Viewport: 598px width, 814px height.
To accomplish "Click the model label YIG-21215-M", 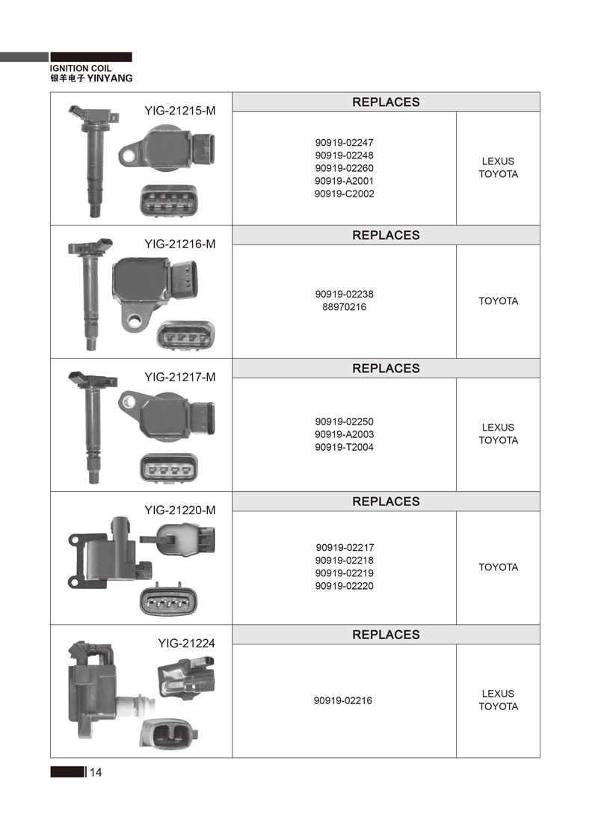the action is [x=179, y=111].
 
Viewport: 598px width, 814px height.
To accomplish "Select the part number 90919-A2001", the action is [x=344, y=181].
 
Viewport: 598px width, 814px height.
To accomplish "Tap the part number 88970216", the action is [x=344, y=306].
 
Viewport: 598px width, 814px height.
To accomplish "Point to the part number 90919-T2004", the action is [x=344, y=447].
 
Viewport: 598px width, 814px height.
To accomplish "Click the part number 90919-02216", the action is [x=342, y=700].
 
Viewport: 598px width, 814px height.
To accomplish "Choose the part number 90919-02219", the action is [x=344, y=573].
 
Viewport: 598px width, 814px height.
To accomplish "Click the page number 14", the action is [x=96, y=772].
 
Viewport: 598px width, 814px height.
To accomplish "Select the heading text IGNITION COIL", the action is [x=81, y=68].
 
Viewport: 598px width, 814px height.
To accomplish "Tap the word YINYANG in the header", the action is [x=110, y=78].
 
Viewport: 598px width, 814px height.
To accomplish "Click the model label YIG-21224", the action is [x=186, y=644].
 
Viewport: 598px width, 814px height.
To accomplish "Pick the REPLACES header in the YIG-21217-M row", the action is [x=386, y=368].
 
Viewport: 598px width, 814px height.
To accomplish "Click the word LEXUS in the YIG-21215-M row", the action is [x=498, y=161].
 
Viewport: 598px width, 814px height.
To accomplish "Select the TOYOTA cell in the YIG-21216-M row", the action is [x=499, y=301].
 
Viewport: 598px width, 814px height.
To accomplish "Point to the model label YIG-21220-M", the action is [x=179, y=510].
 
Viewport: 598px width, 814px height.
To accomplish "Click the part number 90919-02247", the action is [x=344, y=142].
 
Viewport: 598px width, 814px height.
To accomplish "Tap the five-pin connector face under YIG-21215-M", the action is [x=169, y=200].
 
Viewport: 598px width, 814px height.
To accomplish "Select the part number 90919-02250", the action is [x=344, y=422].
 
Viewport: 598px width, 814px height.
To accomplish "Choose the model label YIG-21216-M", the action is [x=179, y=244].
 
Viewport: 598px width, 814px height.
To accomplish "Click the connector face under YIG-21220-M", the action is [x=168, y=601].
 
